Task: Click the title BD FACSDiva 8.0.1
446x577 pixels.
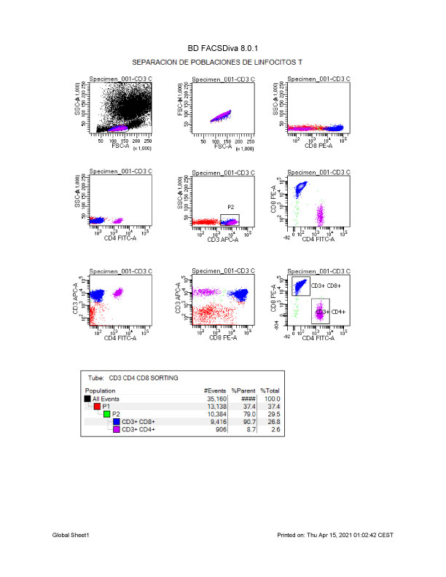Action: (x=222, y=49)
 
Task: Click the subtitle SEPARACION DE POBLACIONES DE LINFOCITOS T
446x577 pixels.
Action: (x=222, y=63)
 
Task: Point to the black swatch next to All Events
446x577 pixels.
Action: (x=88, y=399)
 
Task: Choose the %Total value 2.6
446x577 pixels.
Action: (x=274, y=430)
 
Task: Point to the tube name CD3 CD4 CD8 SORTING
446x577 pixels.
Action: (x=144, y=378)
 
